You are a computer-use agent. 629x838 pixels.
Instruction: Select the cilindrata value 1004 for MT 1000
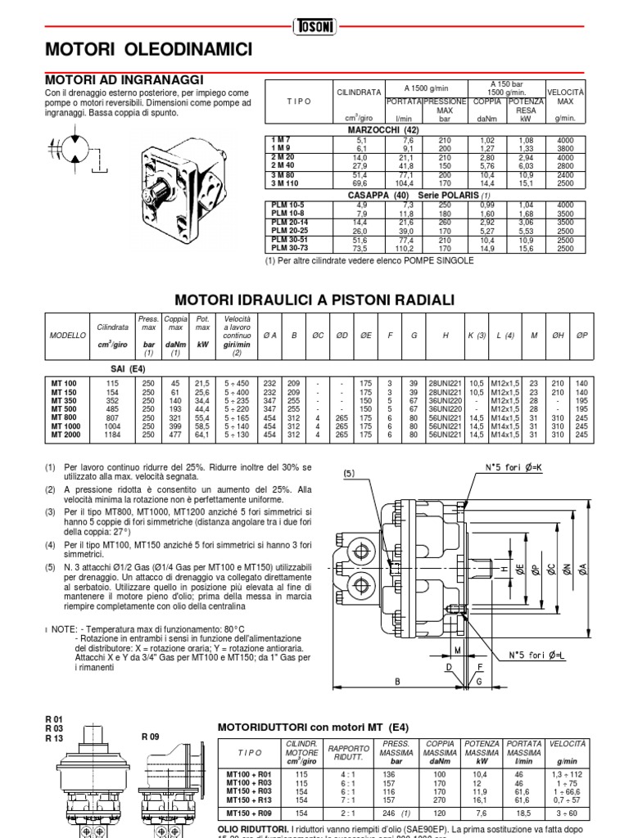(x=112, y=426)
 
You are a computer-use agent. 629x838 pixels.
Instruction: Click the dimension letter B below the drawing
(x=396, y=681)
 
